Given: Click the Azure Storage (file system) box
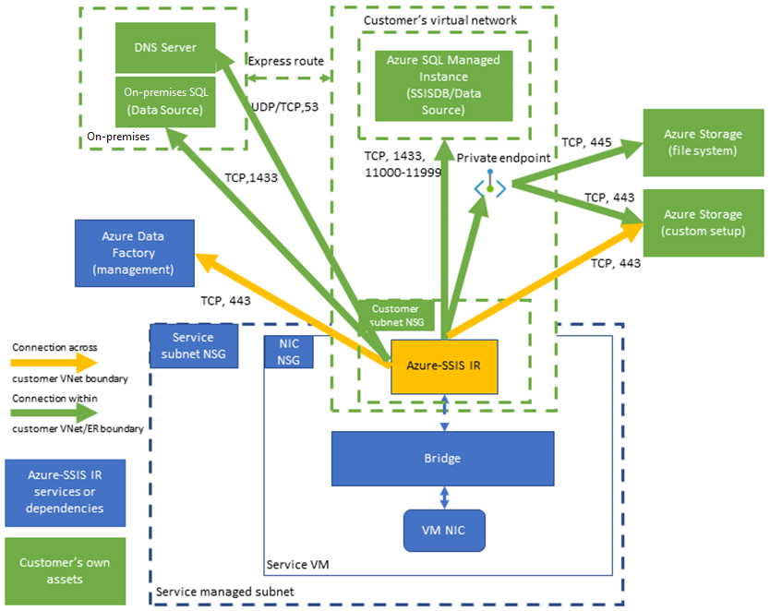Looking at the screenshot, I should [703, 142].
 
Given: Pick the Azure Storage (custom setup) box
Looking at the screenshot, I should [703, 222].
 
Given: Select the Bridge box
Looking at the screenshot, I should [442, 458].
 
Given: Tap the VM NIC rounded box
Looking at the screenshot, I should [444, 530].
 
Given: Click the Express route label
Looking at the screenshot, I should [285, 61].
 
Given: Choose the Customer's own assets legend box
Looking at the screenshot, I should [64, 571].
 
